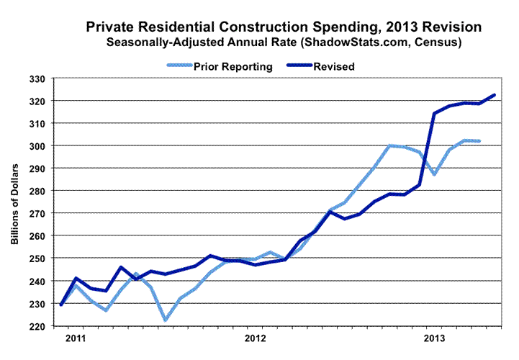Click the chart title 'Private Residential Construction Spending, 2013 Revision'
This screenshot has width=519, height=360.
[x=284, y=27]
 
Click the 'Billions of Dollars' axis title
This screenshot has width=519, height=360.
[x=15, y=202]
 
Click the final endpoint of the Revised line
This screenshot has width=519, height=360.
[x=494, y=95]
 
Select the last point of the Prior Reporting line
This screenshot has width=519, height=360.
[x=479, y=141]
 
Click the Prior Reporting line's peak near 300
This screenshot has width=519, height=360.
[x=389, y=145]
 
